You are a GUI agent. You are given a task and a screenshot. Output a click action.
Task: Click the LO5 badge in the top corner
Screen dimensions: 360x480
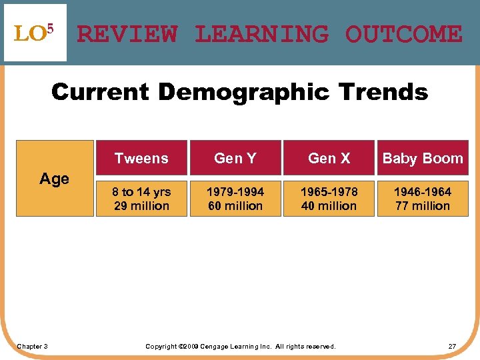coord(35,33)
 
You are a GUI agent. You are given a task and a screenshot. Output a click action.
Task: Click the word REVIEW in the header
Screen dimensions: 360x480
coord(127,33)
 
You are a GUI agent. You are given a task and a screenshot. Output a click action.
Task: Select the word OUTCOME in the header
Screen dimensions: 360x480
coord(403,33)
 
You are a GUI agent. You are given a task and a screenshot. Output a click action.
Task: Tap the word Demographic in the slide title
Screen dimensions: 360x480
coord(249,91)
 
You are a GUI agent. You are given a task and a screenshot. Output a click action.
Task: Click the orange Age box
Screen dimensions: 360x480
coord(55,178)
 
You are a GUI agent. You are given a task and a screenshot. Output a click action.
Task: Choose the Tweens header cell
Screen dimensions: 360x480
coord(141,158)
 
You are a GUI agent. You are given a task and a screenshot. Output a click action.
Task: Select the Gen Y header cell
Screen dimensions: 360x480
coord(235,158)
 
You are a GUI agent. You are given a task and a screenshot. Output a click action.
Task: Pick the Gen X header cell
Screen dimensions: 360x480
coord(329,158)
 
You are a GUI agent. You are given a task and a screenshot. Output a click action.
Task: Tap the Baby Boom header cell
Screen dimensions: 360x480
coord(423,158)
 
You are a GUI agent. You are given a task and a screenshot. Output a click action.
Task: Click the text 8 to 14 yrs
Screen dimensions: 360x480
coord(141,192)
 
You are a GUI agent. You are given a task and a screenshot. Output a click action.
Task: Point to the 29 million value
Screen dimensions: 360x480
coord(141,206)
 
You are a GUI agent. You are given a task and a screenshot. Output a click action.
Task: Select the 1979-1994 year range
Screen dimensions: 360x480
coord(235,192)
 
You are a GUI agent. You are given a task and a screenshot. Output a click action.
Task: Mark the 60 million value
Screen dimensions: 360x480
coord(235,206)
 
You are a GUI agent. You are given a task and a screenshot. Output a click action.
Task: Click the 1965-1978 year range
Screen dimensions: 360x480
coord(329,192)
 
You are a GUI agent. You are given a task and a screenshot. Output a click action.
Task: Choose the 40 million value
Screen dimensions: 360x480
coord(329,206)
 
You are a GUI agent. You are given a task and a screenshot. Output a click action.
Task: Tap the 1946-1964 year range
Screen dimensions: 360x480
coord(423,192)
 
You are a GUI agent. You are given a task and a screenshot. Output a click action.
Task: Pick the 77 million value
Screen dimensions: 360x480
coord(423,206)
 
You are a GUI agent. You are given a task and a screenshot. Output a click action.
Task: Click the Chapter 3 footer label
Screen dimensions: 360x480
coord(32,346)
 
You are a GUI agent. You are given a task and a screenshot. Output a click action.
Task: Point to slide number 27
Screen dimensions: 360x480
coord(452,346)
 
